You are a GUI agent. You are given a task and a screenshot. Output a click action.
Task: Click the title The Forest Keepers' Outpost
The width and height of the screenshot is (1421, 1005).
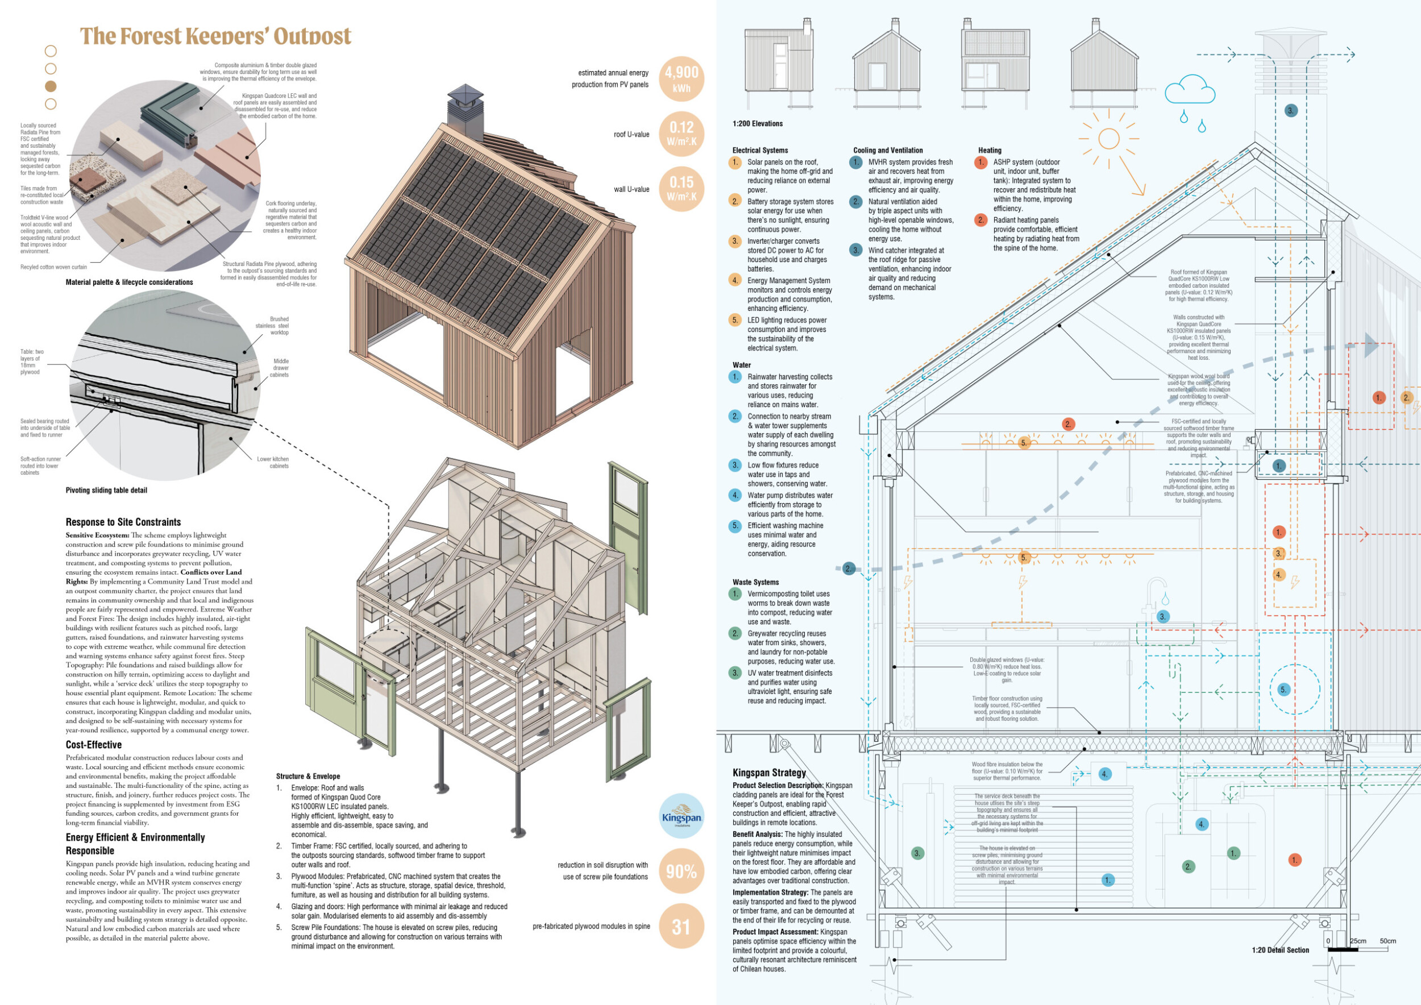[215, 36]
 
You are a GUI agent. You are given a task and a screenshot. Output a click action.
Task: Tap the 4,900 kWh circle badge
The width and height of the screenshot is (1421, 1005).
[682, 79]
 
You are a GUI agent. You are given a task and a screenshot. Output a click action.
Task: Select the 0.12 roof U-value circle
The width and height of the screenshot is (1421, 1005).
[682, 134]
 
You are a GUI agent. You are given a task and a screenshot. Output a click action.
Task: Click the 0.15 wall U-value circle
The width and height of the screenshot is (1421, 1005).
[682, 189]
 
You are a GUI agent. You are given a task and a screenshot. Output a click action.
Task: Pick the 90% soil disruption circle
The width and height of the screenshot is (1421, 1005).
[682, 871]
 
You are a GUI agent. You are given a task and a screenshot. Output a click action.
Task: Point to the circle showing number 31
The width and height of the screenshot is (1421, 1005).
[682, 927]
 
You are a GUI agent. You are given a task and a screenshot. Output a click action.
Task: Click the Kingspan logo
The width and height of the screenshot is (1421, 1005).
[682, 816]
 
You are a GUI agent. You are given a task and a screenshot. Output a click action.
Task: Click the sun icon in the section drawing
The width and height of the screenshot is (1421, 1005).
[1108, 139]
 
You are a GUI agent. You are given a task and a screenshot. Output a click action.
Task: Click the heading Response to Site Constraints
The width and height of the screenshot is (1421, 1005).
[123, 522]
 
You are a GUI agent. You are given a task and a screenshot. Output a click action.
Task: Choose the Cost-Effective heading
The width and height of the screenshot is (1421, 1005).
[93, 745]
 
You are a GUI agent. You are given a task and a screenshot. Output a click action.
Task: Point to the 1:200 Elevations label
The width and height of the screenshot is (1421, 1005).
[758, 124]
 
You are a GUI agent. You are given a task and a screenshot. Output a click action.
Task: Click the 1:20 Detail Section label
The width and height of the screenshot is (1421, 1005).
[1280, 950]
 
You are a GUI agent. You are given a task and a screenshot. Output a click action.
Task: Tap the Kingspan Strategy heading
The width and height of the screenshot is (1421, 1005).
[769, 773]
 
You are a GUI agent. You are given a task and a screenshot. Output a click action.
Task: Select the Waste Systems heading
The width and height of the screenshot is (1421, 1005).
[755, 582]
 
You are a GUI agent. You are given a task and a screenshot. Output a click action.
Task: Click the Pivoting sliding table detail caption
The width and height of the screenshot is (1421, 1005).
[106, 491]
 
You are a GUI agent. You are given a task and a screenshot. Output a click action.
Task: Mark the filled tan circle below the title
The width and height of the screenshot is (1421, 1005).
[51, 86]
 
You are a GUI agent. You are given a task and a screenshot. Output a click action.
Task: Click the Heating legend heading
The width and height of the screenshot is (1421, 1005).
[990, 151]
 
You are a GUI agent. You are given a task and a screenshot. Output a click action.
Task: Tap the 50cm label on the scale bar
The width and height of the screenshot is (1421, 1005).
[1388, 941]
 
